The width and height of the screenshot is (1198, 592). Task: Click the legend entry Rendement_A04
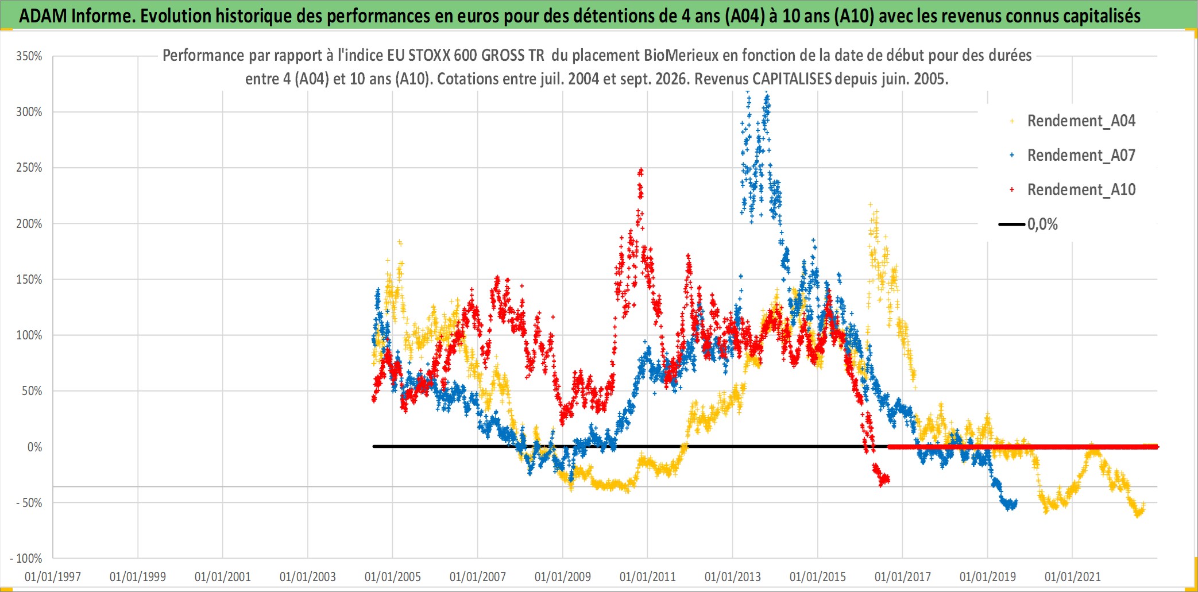(1081, 121)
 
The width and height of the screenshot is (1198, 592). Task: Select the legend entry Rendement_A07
(1081, 156)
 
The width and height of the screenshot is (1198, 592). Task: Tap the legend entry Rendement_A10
(1081, 190)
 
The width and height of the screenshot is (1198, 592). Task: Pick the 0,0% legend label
(1042, 225)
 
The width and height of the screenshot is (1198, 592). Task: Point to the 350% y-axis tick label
(29, 56)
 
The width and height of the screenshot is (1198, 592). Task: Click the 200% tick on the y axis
(29, 224)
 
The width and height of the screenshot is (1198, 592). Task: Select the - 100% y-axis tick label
(26, 558)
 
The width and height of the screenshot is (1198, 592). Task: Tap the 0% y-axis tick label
(35, 447)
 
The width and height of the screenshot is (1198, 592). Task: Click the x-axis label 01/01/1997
(53, 576)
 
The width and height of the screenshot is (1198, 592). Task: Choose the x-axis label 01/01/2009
(563, 576)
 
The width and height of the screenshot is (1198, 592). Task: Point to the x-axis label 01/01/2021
(1073, 576)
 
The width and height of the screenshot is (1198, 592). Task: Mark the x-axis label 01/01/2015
(818, 576)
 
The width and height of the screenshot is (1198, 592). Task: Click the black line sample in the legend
(1012, 225)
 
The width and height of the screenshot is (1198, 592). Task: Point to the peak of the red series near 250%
(640, 169)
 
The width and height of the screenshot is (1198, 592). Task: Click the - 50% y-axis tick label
(29, 503)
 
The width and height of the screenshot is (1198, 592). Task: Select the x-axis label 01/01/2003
(308, 576)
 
